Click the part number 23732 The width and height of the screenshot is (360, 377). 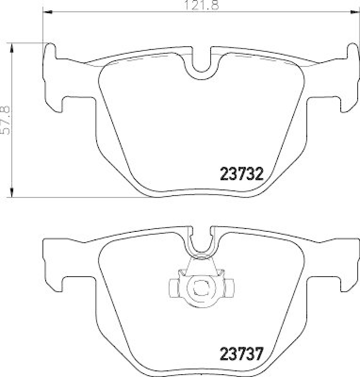point(241,175)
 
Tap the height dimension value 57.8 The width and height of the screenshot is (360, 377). point(6,120)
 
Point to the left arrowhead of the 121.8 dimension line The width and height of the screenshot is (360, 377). point(47,12)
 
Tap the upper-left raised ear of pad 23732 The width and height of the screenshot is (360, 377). point(50,50)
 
